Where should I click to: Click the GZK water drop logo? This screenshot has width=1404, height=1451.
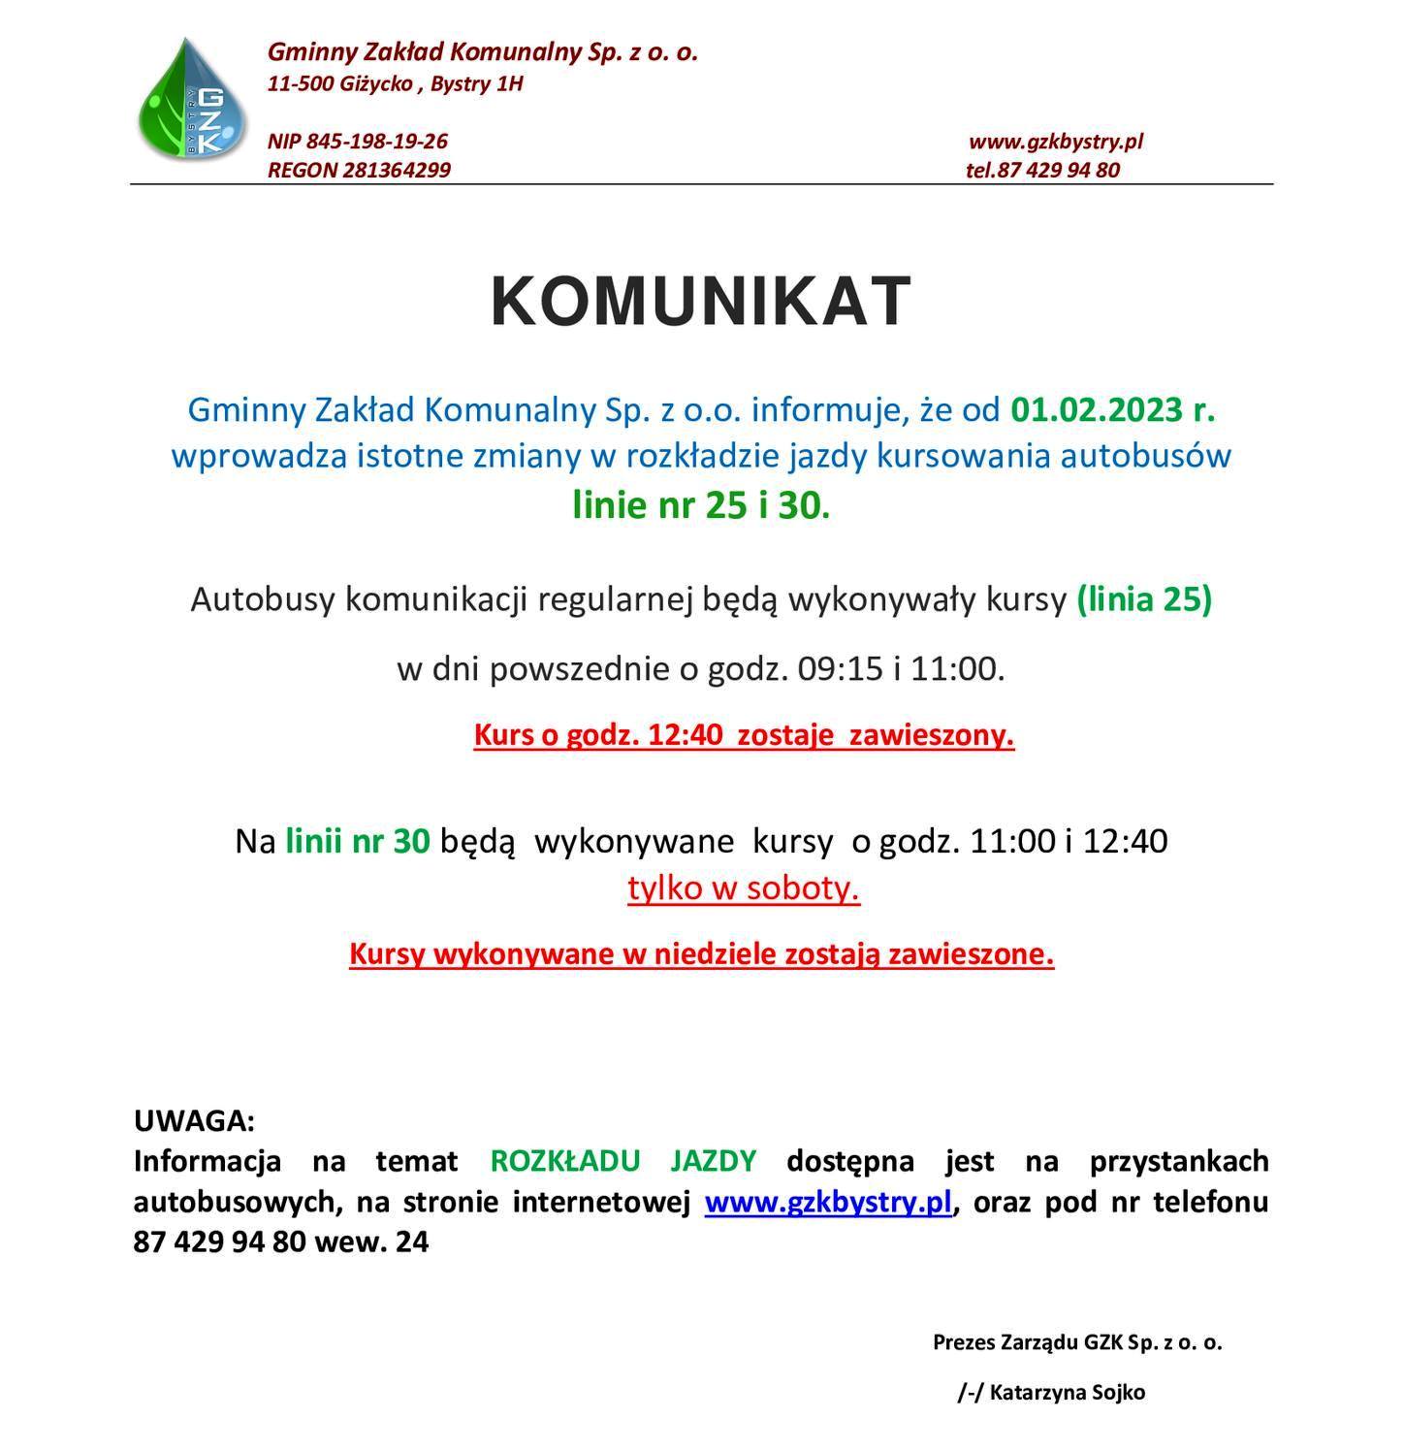(x=193, y=100)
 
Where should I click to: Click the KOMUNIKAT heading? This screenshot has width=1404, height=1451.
(x=701, y=301)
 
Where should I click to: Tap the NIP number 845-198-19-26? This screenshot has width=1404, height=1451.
(x=376, y=142)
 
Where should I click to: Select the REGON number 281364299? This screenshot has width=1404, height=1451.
(x=396, y=171)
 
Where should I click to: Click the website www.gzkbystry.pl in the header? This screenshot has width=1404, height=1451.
(x=1056, y=142)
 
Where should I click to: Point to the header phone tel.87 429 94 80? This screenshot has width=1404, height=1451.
(x=1042, y=171)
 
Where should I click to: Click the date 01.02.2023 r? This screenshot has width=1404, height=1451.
(x=1112, y=410)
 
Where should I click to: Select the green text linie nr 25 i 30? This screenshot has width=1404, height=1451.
(x=701, y=505)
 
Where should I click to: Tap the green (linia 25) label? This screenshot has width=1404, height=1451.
(x=1144, y=599)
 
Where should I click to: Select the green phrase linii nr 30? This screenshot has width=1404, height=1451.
(x=357, y=841)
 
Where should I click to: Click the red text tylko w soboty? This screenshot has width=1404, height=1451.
(x=744, y=888)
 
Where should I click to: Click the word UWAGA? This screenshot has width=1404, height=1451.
(x=194, y=1121)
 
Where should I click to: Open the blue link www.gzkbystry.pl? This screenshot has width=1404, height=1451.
(x=828, y=1202)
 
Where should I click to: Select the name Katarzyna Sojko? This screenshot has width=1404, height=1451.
(x=1067, y=1393)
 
